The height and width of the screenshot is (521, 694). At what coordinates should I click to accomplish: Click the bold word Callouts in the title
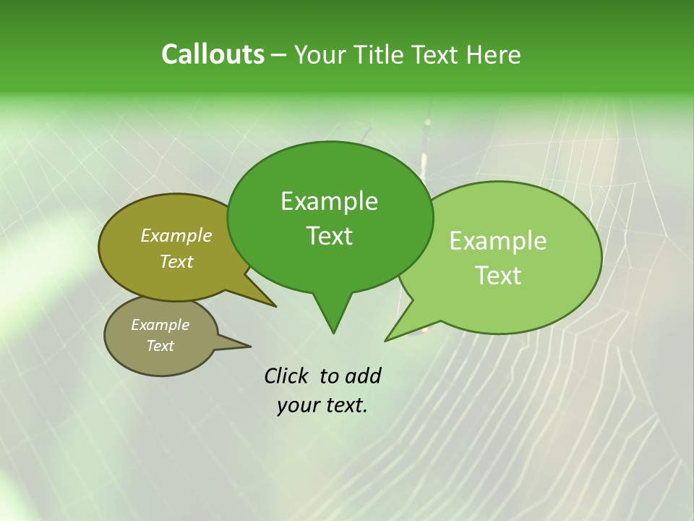tap(213, 54)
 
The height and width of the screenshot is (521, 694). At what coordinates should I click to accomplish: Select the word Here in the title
tap(494, 55)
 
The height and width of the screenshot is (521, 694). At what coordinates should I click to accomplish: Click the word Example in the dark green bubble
tap(329, 201)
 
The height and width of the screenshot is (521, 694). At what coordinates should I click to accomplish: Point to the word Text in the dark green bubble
tap(329, 236)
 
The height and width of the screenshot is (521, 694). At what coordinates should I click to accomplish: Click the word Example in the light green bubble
tap(498, 241)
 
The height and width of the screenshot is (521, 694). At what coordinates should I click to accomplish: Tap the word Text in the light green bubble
tap(498, 276)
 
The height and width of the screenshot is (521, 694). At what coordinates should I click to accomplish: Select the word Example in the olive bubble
tap(176, 235)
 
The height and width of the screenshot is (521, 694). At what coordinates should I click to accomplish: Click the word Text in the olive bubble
tap(176, 261)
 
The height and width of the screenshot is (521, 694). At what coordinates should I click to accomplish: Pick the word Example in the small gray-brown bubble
tap(160, 325)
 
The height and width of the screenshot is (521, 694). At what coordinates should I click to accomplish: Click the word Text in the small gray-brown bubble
tap(160, 346)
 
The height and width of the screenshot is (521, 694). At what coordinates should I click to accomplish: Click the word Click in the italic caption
tap(288, 376)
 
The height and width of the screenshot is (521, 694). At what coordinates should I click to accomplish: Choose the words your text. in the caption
tap(322, 405)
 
